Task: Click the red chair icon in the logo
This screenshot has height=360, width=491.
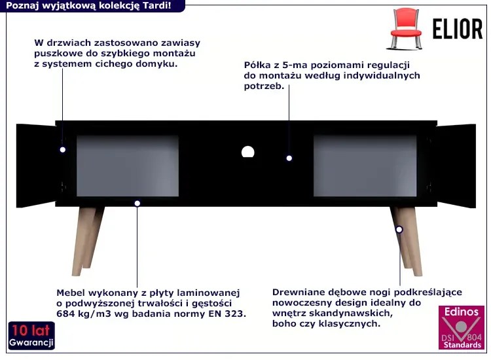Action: pyautogui.click(x=406, y=29)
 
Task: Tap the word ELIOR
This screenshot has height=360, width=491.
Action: pyautogui.click(x=458, y=29)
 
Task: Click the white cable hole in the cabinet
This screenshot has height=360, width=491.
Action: pyautogui.click(x=247, y=152)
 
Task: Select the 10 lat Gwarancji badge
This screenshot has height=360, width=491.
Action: pyautogui.click(x=31, y=335)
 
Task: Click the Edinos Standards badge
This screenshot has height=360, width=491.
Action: pyautogui.click(x=462, y=327)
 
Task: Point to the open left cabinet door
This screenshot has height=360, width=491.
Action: pyautogui.click(x=36, y=166)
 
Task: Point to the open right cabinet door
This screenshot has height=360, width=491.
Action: pyautogui.click(x=456, y=166)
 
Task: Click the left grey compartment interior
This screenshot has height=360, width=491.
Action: pyautogui.click(x=128, y=166)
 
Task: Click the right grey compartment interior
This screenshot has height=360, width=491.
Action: pyautogui.click(x=365, y=166)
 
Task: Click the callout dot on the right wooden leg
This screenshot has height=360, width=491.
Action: pyautogui.click(x=399, y=230)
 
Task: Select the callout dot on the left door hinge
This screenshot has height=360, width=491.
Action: pyautogui.click(x=63, y=150)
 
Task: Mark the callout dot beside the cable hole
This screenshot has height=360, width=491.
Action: pyautogui.click(x=289, y=158)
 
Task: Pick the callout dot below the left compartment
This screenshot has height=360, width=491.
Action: pyautogui.click(x=137, y=204)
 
